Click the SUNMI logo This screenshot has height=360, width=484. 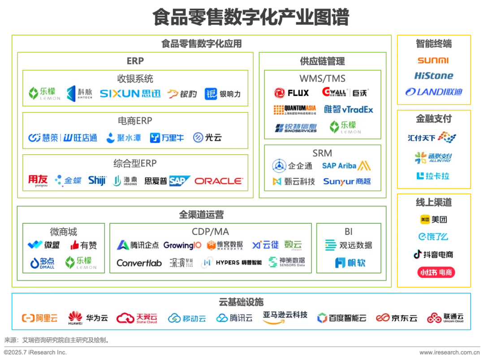click(x=433, y=60)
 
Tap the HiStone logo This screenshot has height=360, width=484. click(x=433, y=75)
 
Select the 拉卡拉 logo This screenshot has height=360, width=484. click(x=432, y=175)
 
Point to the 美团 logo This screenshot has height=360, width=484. click(x=433, y=220)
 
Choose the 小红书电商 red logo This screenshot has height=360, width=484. click(x=433, y=272)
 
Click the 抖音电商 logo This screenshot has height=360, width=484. click(x=433, y=255)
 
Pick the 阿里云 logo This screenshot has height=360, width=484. click(x=39, y=318)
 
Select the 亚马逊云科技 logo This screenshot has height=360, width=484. click(x=285, y=316)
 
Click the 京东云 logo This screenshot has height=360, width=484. click(x=396, y=318)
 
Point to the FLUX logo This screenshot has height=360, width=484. click(x=292, y=93)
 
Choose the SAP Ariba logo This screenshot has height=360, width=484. click(x=346, y=165)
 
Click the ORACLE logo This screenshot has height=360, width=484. click(x=220, y=181)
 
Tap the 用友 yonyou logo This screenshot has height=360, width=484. click(x=38, y=180)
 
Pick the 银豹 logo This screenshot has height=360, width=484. click(x=181, y=94)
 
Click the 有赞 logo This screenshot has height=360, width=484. click(x=84, y=245)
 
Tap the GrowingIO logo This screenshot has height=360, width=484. click(x=182, y=245)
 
